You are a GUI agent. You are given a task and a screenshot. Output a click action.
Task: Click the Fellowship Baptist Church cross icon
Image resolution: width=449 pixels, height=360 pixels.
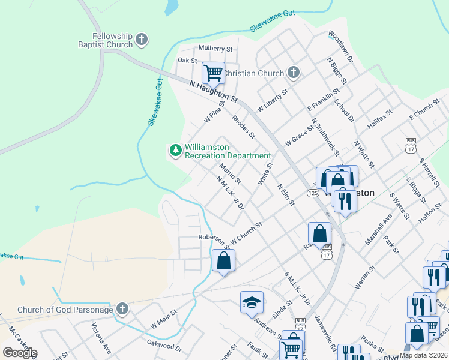point(142,40)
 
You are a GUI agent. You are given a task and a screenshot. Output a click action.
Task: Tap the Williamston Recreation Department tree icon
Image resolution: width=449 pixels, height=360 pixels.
point(176,151)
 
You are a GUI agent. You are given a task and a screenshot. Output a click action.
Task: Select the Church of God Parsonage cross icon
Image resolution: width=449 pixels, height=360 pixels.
point(122,309)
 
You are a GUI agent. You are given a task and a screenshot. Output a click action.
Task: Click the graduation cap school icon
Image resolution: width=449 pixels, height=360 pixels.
point(252,302)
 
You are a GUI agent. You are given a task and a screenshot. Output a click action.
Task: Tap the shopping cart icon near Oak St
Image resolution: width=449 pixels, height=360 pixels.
point(213,73)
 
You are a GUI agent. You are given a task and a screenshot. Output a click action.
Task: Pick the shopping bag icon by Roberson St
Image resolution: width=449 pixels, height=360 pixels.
point(223,260)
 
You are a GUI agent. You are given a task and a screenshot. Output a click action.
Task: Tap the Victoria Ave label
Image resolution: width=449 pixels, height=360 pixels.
point(101,338)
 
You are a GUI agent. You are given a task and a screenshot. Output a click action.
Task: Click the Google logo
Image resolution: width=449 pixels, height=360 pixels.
point(20,352)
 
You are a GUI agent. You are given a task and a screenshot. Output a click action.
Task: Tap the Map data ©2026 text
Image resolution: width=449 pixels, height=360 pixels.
point(423,355)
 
